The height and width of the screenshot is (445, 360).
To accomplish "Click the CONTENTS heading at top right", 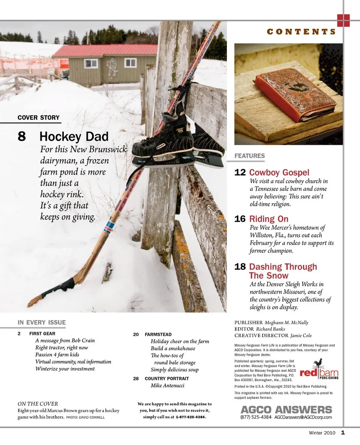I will click(x=301, y=32).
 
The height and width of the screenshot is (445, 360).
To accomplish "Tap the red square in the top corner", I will click(x=343, y=20).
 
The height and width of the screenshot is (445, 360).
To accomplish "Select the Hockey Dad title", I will click(x=74, y=136).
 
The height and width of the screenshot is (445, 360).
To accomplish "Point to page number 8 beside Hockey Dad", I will click(x=22, y=136).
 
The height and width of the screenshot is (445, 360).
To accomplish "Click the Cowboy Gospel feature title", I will click(x=279, y=173).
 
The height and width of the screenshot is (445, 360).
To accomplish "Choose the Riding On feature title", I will click(x=269, y=219).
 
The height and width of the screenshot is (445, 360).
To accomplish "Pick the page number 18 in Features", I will click(x=240, y=267).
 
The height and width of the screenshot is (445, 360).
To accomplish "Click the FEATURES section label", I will click(x=250, y=156).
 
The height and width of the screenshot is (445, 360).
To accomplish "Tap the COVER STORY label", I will click(x=39, y=117).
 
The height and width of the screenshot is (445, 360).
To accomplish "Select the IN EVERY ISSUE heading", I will click(x=42, y=322).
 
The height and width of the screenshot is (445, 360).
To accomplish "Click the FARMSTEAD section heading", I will click(x=158, y=334).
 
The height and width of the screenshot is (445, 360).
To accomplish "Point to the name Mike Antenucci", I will click(x=167, y=385).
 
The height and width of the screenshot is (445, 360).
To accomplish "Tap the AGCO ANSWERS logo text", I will click(x=286, y=409).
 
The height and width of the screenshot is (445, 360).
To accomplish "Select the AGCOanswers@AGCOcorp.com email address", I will click(x=303, y=417).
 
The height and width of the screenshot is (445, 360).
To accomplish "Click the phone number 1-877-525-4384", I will click(x=191, y=417).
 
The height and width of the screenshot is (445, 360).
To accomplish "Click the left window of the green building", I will click(x=91, y=63).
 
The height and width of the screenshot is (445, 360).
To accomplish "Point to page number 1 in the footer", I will click(x=343, y=433).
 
